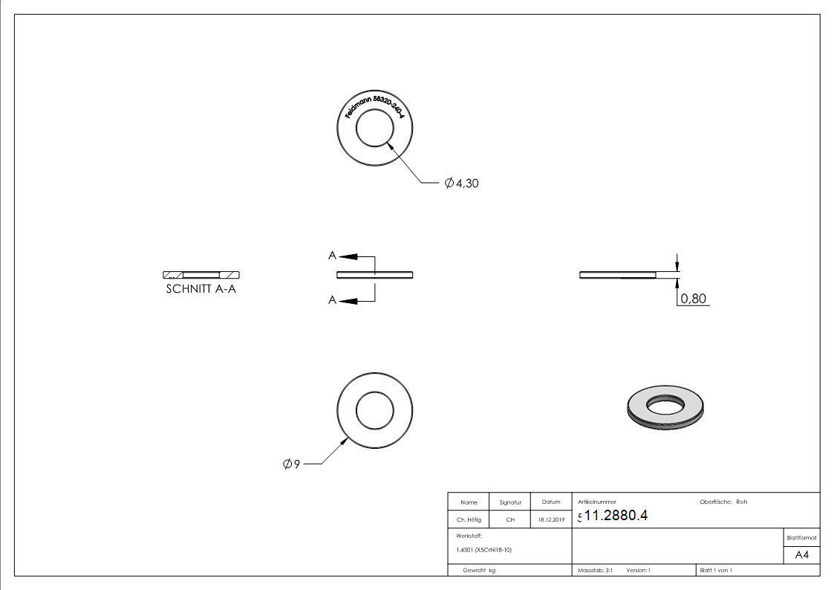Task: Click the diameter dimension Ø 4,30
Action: [x=462, y=183]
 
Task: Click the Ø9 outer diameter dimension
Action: [x=291, y=464]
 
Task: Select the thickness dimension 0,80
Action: [x=693, y=299]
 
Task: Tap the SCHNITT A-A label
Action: [x=201, y=289]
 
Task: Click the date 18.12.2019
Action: [x=550, y=520]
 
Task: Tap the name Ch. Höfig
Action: [x=468, y=520]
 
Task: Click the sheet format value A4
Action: [x=802, y=555]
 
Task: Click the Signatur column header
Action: [x=510, y=502]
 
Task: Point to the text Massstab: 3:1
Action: [x=595, y=570]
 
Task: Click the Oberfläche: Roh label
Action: [x=723, y=502]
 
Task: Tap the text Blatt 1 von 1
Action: [x=716, y=570]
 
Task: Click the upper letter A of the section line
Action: [x=332, y=256]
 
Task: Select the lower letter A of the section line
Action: [x=332, y=300]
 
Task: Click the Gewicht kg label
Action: [x=479, y=570]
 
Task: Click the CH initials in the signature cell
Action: [x=510, y=520]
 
